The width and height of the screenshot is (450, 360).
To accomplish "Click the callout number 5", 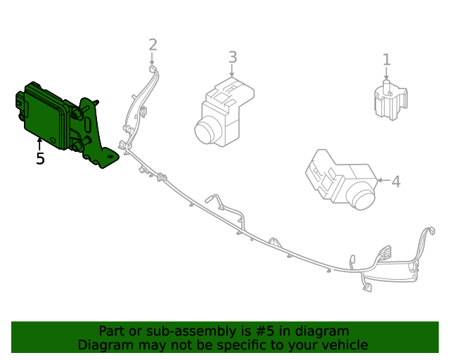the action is point(40,158).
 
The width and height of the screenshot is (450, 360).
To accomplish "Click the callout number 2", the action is point(153,45).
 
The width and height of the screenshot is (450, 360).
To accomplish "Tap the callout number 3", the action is point(233,57).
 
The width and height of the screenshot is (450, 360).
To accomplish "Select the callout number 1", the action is point(387,60).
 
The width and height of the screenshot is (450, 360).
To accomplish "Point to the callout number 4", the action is point(397,181).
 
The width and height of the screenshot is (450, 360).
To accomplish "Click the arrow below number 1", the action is point(386,73).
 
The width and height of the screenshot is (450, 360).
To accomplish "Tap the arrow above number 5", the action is point(39,144).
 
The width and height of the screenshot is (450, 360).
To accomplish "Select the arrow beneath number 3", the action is point(232,70).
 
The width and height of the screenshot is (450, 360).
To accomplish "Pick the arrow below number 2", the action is point(152,59).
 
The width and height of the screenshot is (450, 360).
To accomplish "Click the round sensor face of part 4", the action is point(361,198).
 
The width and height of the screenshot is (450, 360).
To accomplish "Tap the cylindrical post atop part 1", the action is point(387,86).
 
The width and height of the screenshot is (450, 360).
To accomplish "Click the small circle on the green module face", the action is point(53,140).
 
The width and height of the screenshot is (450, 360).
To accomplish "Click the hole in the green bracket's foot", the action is point(110,157).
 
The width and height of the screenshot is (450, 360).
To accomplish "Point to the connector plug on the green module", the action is point(20,102).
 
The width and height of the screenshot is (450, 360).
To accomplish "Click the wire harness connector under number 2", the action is point(153,69).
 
